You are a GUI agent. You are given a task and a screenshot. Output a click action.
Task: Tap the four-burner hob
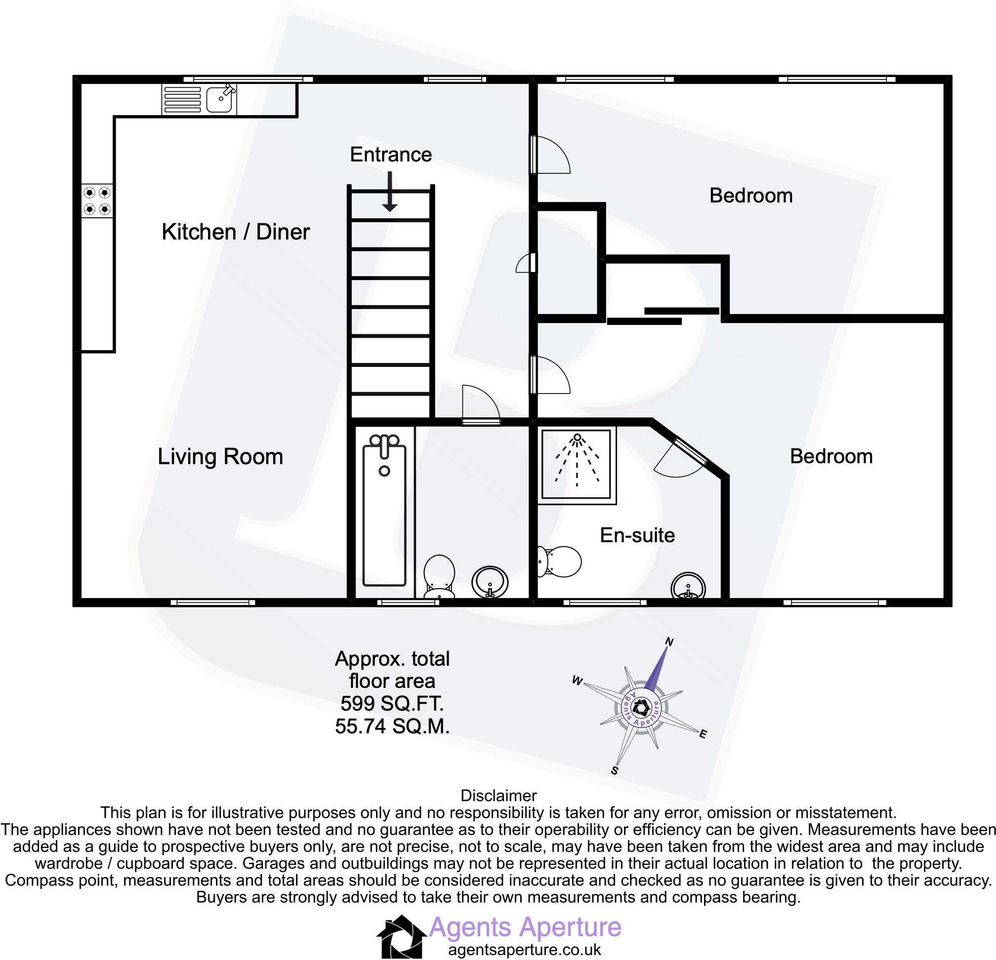[97, 200]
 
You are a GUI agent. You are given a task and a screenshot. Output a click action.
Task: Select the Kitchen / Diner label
[235, 232]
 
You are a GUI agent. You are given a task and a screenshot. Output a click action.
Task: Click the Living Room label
[220, 457]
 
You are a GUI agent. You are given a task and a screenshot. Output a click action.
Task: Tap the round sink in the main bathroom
[490, 583]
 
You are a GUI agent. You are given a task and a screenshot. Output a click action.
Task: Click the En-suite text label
[637, 535]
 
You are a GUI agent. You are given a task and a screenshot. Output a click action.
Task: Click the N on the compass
[669, 642]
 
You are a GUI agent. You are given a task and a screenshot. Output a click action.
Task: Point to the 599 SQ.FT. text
[392, 704]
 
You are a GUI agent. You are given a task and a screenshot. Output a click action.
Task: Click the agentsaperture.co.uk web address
[524, 949]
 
